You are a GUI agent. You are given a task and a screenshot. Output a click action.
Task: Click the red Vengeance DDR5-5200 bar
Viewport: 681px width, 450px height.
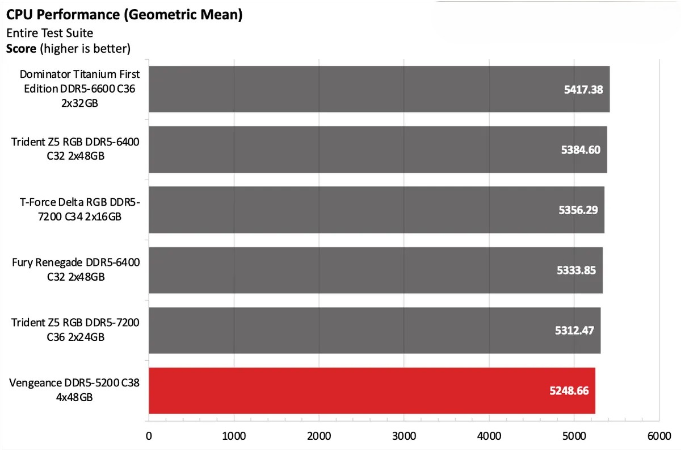[x=372, y=390]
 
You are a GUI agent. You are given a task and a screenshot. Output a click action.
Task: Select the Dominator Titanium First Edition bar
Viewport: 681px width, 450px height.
[x=379, y=89]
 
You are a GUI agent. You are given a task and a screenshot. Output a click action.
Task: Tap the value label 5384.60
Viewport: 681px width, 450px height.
[x=581, y=150]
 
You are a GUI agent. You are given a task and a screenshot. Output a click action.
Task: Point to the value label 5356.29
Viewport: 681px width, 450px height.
[x=578, y=210]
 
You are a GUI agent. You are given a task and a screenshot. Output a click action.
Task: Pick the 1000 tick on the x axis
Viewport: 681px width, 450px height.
[x=234, y=436]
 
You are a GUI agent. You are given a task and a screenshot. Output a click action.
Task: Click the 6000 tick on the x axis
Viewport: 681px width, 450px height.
[x=658, y=436]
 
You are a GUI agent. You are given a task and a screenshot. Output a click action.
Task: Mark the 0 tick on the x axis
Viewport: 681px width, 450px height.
[x=149, y=436]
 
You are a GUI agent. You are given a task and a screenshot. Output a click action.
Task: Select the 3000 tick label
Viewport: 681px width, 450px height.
[x=403, y=436]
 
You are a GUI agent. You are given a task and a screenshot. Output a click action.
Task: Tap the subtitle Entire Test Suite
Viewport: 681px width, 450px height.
[x=49, y=33]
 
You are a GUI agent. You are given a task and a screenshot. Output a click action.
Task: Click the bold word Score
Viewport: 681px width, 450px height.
[x=22, y=49]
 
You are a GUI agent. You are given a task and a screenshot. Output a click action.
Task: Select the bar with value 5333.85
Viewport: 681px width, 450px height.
[x=375, y=270]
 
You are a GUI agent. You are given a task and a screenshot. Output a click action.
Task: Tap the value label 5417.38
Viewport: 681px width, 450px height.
[x=583, y=89]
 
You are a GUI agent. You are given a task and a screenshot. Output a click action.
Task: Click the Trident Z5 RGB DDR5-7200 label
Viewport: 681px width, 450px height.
[x=75, y=330]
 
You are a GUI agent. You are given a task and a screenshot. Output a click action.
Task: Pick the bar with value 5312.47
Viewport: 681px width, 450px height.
[x=374, y=330]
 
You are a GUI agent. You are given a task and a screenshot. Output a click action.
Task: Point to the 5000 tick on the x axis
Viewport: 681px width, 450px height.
[x=574, y=436]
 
